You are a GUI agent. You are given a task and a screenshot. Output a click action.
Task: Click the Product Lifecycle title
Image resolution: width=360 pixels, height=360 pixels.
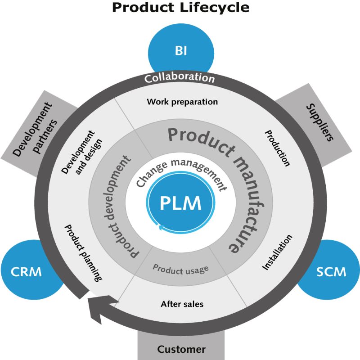click(180, 8)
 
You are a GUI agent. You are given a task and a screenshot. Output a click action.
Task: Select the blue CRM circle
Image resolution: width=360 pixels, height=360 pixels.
click(27, 271)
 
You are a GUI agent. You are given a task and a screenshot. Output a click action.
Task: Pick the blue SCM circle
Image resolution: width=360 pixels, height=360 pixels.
click(331, 271)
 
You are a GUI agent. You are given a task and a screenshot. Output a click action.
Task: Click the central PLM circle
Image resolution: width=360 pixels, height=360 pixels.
click(180, 203)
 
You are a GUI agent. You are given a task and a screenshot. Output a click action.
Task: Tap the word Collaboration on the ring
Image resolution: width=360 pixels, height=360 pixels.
click(180, 77)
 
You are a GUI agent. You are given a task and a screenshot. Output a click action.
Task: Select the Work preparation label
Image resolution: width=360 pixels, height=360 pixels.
click(182, 102)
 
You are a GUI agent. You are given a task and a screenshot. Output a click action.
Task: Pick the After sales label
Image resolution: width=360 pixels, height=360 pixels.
click(182, 304)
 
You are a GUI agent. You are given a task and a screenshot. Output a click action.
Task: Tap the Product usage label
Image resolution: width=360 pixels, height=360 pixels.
click(180, 269)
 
